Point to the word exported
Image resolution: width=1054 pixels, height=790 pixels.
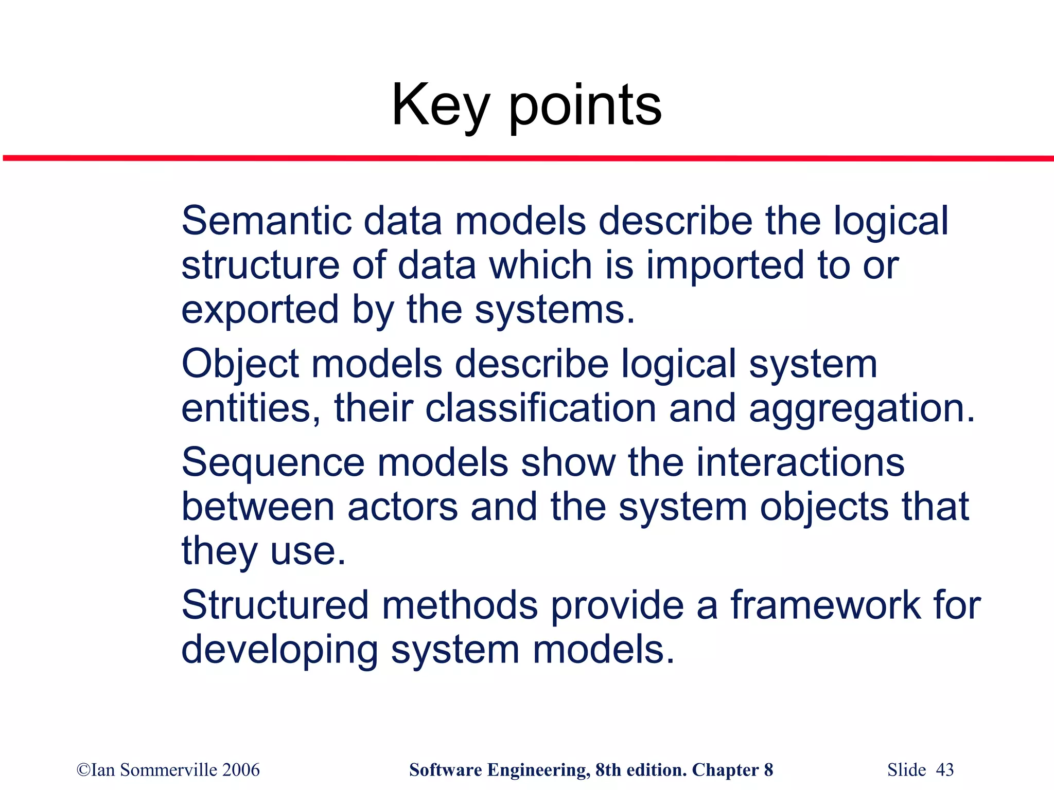pyautogui.click(x=260, y=310)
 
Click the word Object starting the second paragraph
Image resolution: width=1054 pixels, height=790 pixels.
pyautogui.click(x=240, y=364)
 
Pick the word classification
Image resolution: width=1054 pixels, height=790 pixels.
pyautogui.click(x=540, y=408)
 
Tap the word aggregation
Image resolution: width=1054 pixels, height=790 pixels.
pyautogui.click(x=862, y=408)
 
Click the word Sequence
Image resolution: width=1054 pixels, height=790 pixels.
pyautogui.click(x=273, y=462)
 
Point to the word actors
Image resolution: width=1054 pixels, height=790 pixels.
pyautogui.click(x=402, y=507)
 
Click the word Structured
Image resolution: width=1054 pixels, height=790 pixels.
pyautogui.click(x=275, y=605)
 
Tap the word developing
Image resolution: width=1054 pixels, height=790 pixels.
pyautogui.click(x=279, y=650)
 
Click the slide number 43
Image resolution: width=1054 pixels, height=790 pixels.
pyautogui.click(x=944, y=770)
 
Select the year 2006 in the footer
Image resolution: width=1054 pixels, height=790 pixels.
pyautogui.click(x=241, y=770)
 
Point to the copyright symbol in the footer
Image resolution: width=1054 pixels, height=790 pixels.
pyautogui.click(x=83, y=770)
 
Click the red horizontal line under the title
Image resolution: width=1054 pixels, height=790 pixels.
pyautogui.click(x=527, y=158)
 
